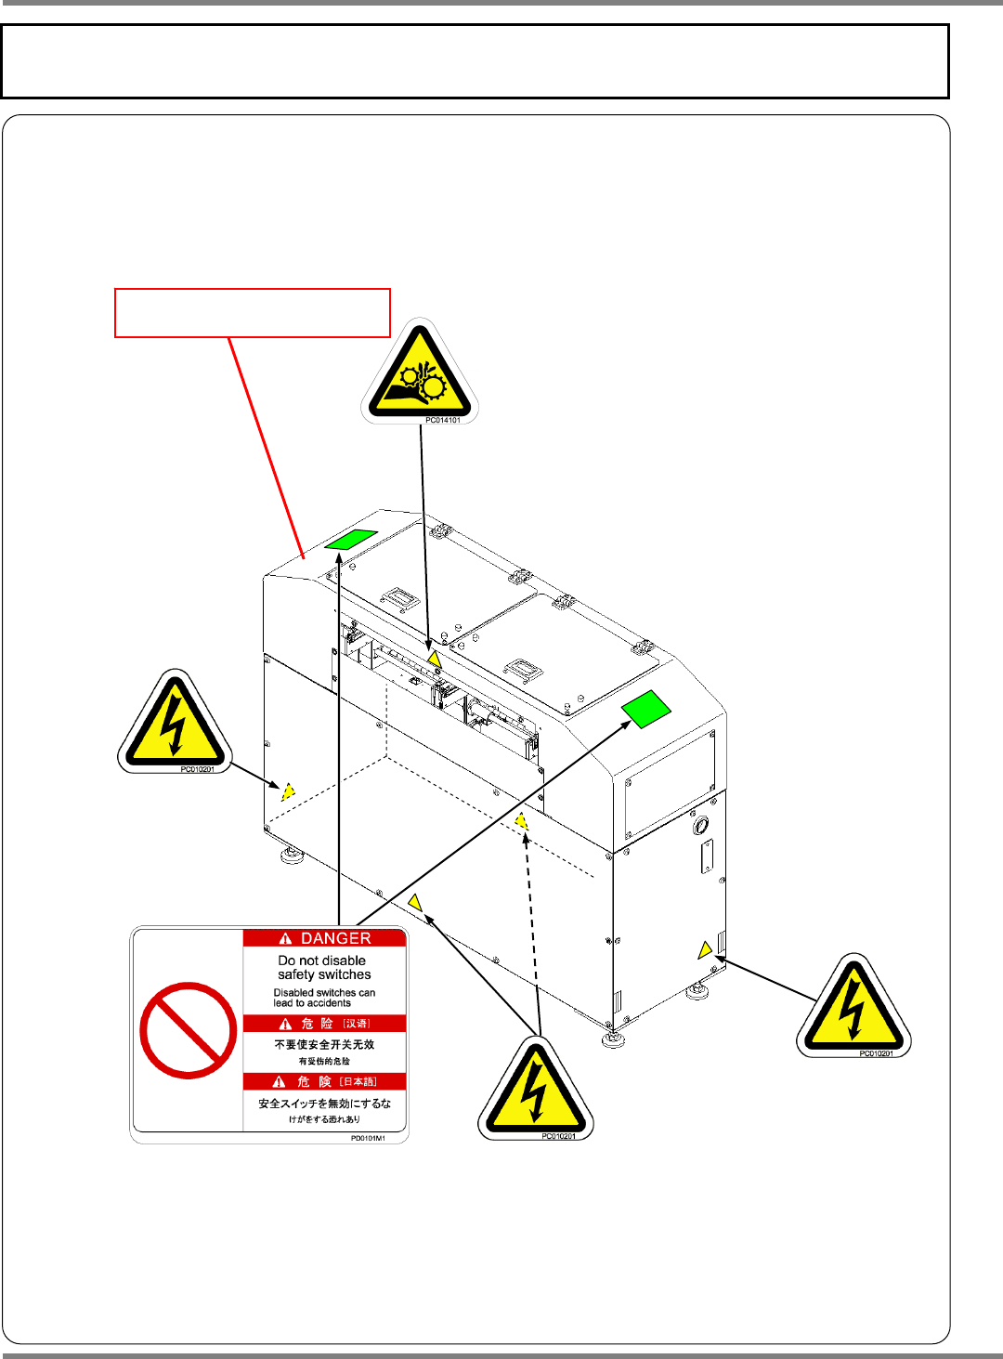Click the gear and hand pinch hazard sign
point(420,372)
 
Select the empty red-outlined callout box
point(252,313)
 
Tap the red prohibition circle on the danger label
point(188,1030)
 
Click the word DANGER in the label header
point(335,938)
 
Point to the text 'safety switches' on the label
point(324,974)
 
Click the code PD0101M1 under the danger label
point(368,1138)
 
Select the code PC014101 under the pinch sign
point(442,421)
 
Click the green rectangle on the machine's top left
point(351,539)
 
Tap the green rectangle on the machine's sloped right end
point(646,709)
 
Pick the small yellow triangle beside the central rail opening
point(434,659)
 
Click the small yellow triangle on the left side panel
point(288,791)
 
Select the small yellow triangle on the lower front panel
point(415,902)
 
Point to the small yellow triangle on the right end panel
point(705,949)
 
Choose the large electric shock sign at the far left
point(175,722)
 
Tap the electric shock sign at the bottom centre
point(535,1089)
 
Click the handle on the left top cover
point(402,598)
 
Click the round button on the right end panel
point(701,825)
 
